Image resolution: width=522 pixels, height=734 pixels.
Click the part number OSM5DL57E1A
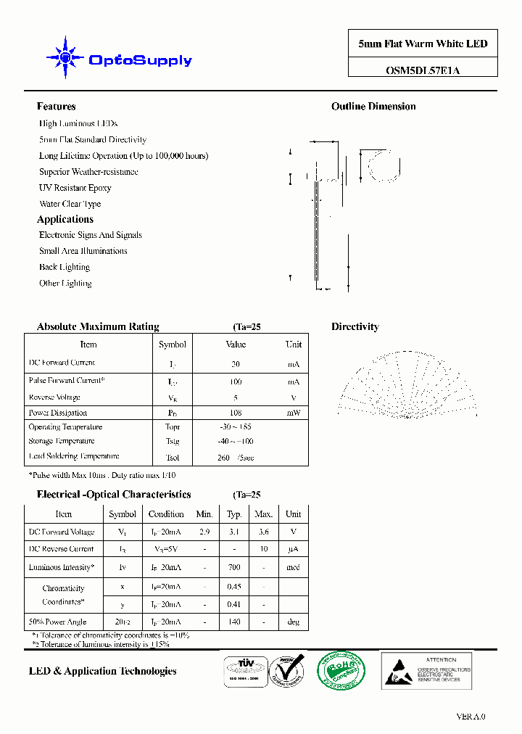pos(423,70)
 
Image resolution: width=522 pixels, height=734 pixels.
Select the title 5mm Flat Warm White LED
pos(423,44)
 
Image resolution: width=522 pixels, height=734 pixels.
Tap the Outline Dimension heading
pos(373,107)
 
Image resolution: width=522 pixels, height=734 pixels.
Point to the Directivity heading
pos(355,327)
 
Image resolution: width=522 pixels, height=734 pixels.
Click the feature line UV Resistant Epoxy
pos(75,188)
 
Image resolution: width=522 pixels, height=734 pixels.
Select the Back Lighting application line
pos(64,267)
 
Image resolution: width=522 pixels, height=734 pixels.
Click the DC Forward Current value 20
pos(236,364)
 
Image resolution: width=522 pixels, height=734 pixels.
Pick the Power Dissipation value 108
pos(236,413)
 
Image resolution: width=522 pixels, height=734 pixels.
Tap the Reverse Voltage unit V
pos(293,397)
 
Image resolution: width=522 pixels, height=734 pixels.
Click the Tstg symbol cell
pos(172,441)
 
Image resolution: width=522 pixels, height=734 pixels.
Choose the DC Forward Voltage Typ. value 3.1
pos(234,532)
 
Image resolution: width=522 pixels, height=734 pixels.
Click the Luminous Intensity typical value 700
pos(234,567)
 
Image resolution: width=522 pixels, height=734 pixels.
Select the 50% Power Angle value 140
pos(234,622)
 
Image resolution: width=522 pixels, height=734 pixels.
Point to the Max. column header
pos(263,514)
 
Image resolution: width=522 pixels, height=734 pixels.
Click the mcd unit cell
pos(293,567)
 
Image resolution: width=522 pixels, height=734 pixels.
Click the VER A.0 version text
pos(471,717)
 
